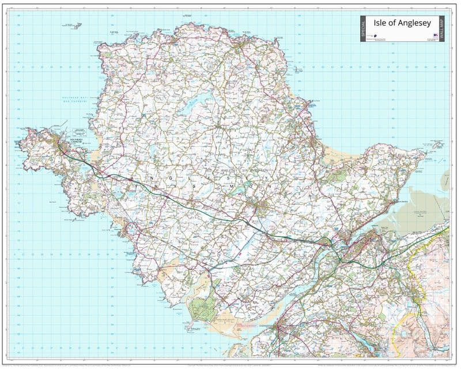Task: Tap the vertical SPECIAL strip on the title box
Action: (x=364, y=29)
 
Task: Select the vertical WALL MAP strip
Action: (x=444, y=29)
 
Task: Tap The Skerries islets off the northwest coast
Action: (x=74, y=25)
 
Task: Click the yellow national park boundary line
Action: (x=410, y=271)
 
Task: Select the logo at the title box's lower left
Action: (x=373, y=36)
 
